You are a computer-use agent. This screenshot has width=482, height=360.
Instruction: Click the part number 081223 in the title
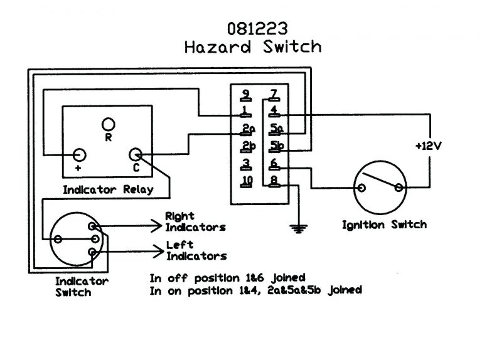coord(252,28)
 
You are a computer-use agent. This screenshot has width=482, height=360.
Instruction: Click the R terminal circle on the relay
coord(109,123)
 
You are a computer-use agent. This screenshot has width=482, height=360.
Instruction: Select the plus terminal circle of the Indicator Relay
coord(80,154)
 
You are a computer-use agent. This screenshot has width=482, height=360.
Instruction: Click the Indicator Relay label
coord(107,189)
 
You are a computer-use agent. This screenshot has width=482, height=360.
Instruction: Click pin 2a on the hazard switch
coord(247,130)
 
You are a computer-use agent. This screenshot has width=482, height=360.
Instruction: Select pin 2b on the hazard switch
coord(247,147)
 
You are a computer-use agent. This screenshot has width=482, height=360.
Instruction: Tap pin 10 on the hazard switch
coord(247,182)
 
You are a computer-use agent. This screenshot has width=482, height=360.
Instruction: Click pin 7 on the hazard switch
coord(274,95)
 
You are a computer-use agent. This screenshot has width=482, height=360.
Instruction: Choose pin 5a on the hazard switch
coord(276,130)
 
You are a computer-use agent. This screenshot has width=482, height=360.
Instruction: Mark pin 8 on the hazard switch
coord(274,182)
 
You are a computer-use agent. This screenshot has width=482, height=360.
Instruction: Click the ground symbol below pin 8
coord(296,227)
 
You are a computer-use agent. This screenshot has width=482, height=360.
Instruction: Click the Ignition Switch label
coord(383,225)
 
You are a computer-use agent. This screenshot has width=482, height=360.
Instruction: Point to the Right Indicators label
coord(195,221)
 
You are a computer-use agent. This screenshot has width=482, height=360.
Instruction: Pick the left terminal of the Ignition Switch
coord(362,188)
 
